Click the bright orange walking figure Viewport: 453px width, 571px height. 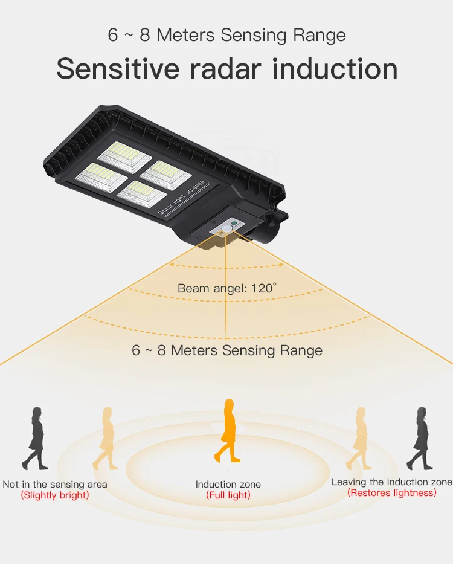[228, 430]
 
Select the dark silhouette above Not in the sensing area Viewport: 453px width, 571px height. [36, 438]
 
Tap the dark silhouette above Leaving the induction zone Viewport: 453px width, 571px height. [420, 438]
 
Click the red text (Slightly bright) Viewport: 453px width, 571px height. [55, 495]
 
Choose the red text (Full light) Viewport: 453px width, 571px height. [228, 495]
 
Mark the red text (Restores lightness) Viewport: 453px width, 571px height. [391, 493]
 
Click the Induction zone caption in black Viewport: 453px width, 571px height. [228, 484]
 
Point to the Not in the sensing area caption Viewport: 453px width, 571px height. [55, 484]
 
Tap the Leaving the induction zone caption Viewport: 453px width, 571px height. [391, 482]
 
